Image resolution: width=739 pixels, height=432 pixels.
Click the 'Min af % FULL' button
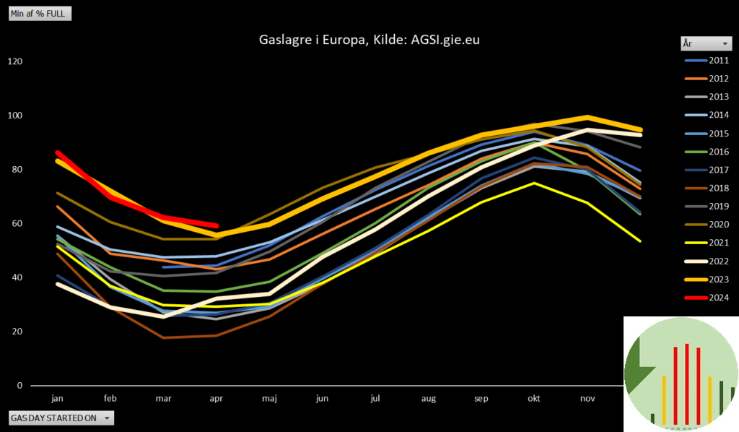(40, 14)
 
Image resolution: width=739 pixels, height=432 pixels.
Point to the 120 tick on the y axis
(15, 61)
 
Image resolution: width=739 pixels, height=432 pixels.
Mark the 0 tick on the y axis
(19, 386)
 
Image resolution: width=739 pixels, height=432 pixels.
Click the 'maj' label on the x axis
(269, 398)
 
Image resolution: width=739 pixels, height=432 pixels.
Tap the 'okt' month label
(534, 398)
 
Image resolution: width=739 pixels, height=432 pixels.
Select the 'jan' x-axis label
(58, 398)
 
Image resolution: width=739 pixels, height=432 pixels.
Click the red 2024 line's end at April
(216, 225)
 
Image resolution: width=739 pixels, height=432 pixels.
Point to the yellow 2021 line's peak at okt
(534, 183)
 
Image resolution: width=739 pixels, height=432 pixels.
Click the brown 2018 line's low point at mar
(164, 337)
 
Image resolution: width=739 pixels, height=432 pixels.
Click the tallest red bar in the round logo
(687, 383)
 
